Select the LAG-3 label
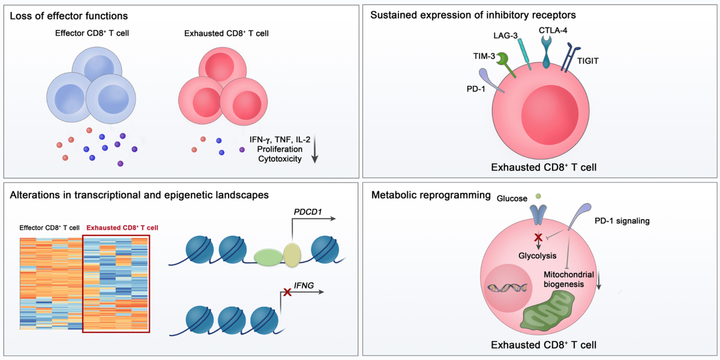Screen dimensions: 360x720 503,37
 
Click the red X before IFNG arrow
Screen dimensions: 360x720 287,292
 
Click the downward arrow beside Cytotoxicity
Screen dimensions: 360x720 315,150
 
